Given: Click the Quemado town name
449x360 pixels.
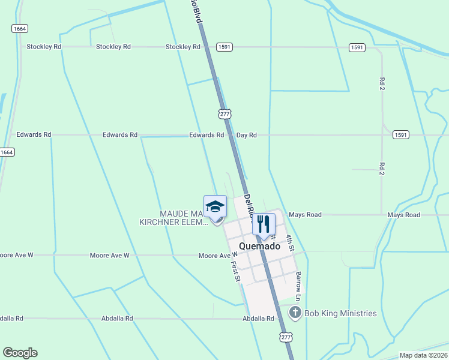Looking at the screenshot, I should coord(259,246).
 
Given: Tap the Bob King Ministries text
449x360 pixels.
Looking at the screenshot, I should coord(340,313).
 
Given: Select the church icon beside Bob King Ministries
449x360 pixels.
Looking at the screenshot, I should coord(295,313).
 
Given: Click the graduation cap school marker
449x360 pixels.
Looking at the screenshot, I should coord(215,208).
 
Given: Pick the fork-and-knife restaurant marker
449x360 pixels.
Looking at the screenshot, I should coord(264,224).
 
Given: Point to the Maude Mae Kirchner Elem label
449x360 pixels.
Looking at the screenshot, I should coord(174,218).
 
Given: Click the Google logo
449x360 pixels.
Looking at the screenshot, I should coord(20,353).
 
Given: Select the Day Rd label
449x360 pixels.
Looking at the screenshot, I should coord(246,136).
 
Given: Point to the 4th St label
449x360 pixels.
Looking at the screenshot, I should coord(290,242).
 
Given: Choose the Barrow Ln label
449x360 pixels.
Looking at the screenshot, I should coord(298,283).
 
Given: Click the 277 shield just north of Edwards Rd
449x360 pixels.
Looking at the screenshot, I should coord(224,113).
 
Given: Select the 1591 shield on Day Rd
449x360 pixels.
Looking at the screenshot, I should coord(401,135).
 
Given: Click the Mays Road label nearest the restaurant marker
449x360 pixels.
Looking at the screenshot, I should coord(305,215).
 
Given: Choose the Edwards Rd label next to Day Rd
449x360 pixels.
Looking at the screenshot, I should coord(206,136).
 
